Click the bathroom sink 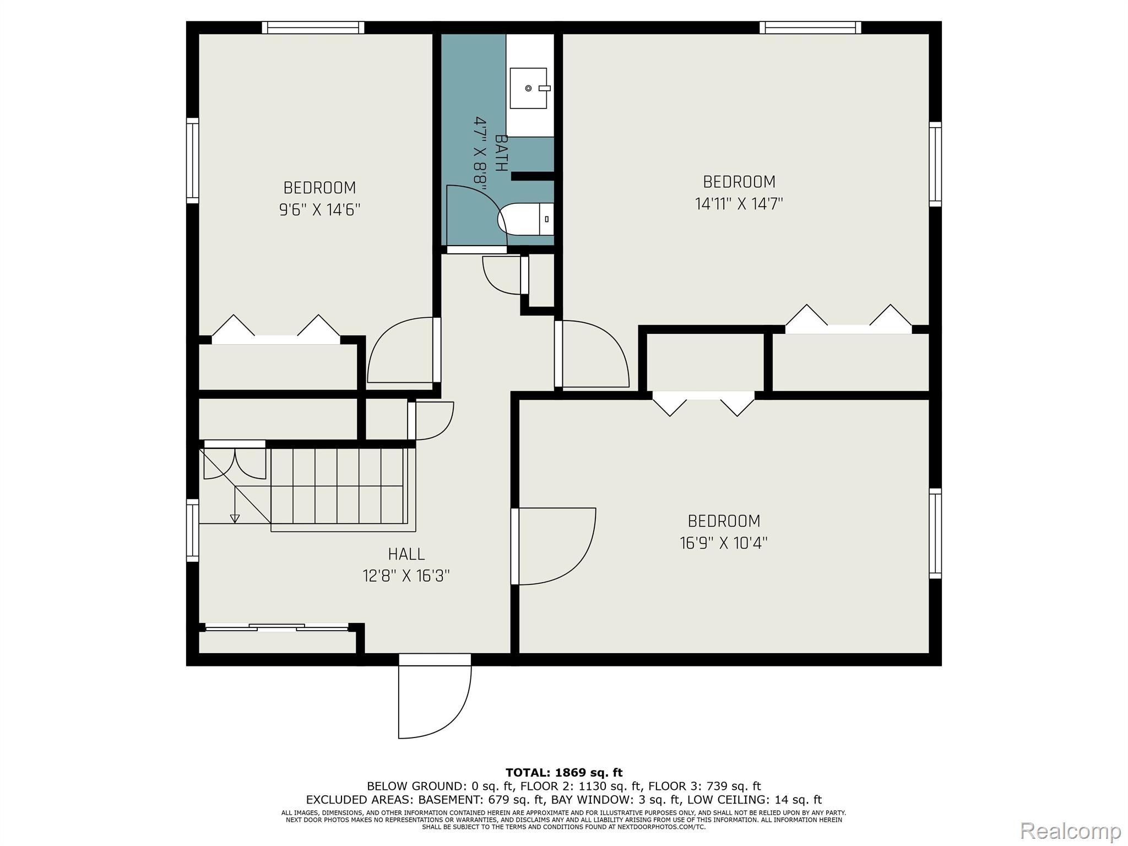pyautogui.click(x=528, y=88)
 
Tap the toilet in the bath pyautogui.click(x=526, y=219)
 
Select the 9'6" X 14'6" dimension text pyautogui.click(x=319, y=210)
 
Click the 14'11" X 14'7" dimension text pyautogui.click(x=739, y=204)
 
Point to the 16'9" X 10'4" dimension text pyautogui.click(x=724, y=543)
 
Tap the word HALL pyautogui.click(x=406, y=554)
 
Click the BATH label pyautogui.click(x=501, y=153)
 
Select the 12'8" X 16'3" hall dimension pyautogui.click(x=406, y=576)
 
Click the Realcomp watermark pyautogui.click(x=1070, y=830)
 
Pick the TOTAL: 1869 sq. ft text pyautogui.click(x=564, y=773)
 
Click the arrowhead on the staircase pyautogui.click(x=235, y=518)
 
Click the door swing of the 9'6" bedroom pyautogui.click(x=400, y=350)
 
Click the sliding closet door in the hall pyautogui.click(x=276, y=627)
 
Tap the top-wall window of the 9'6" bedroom pyautogui.click(x=313, y=28)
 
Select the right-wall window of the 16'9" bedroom pyautogui.click(x=935, y=533)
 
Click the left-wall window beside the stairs pyautogui.click(x=192, y=530)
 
